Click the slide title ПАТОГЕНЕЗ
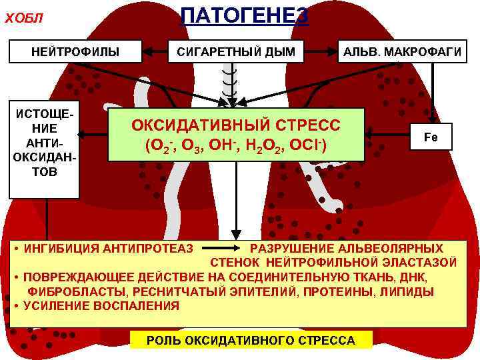[245, 15]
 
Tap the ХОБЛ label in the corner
[24, 18]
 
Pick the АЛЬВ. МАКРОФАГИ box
[402, 51]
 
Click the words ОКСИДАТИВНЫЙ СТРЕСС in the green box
[235, 125]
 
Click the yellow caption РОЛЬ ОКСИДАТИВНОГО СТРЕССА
[251, 341]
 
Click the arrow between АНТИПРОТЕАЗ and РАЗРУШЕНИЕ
[220, 249]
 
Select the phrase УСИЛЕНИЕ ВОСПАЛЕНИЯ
[101, 306]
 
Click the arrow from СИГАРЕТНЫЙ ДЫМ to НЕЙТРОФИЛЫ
[155, 51]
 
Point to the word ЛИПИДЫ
[409, 291]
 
